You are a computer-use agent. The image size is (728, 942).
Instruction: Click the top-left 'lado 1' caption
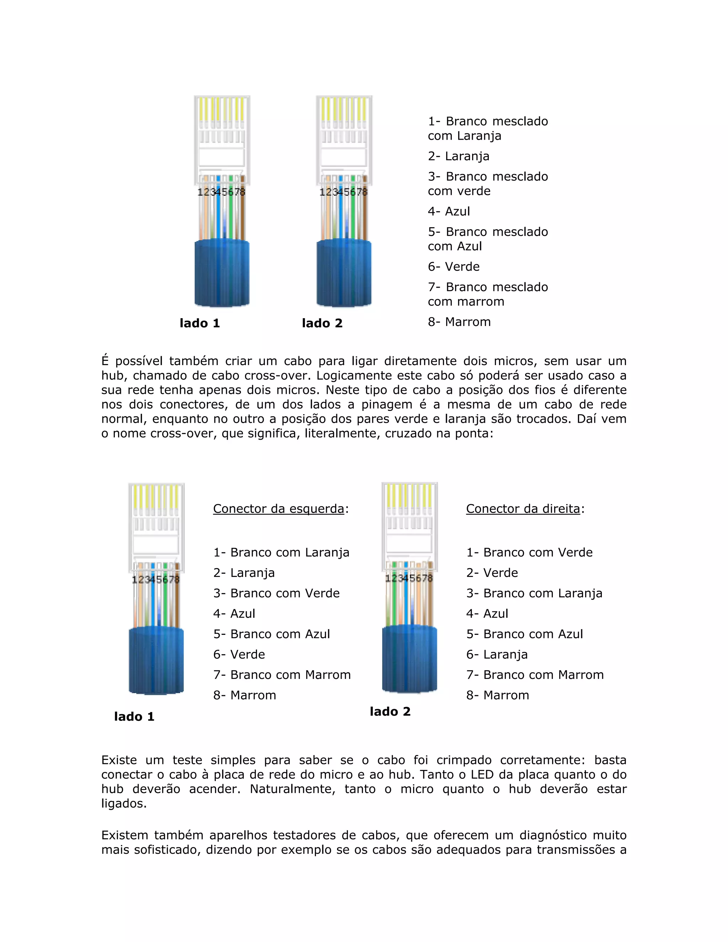(x=200, y=323)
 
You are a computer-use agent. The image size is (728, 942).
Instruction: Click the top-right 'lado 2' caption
(x=322, y=323)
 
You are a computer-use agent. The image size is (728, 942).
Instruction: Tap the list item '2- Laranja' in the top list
(x=459, y=156)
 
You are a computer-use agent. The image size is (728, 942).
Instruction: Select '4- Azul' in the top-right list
(x=449, y=212)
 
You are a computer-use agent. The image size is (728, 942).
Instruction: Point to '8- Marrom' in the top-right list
(x=459, y=322)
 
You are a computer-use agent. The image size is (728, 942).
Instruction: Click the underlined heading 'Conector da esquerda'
(x=279, y=509)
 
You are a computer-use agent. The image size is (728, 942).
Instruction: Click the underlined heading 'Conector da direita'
(x=523, y=509)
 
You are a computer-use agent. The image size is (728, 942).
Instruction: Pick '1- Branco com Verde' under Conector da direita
(x=529, y=552)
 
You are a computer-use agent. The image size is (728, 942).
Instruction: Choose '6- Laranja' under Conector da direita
(x=497, y=654)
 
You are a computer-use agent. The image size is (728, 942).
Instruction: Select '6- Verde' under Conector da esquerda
(x=239, y=654)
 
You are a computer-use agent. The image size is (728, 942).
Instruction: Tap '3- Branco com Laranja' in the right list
(x=534, y=593)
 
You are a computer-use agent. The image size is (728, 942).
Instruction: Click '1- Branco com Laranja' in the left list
(x=281, y=552)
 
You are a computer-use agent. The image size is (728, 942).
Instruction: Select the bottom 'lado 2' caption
(x=390, y=711)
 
